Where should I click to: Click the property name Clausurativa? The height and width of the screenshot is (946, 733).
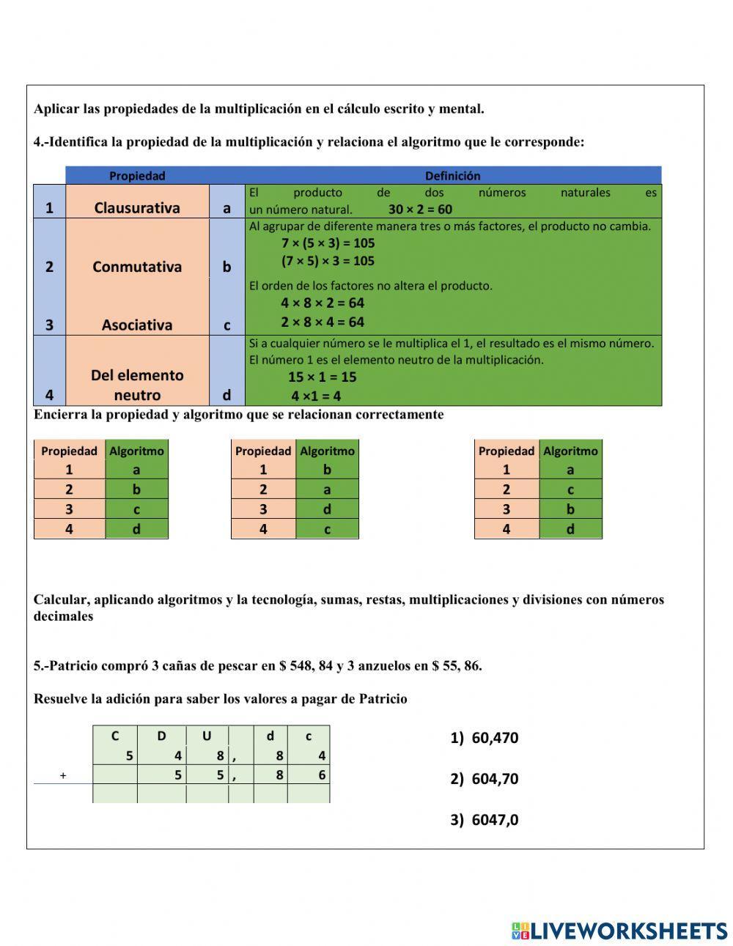point(137,207)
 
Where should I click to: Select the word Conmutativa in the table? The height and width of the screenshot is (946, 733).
point(137,267)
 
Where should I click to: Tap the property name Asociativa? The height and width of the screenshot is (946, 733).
point(137,325)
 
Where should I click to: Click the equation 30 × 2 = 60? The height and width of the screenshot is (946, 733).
point(420,210)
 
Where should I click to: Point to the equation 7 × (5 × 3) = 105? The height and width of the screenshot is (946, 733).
point(328,243)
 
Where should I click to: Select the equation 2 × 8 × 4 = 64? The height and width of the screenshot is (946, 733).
point(323,322)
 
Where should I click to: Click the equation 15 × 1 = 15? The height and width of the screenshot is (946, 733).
point(322,377)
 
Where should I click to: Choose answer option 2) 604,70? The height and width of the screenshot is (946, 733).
point(484,779)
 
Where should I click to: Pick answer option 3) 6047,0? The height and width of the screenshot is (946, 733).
point(484,820)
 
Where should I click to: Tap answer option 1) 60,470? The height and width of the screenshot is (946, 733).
point(484,738)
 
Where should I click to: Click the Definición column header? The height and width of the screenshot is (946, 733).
point(452,176)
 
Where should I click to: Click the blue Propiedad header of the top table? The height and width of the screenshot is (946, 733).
point(137,176)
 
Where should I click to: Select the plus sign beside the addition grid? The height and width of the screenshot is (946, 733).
point(63,775)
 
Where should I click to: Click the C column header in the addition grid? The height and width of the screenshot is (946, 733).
point(114,736)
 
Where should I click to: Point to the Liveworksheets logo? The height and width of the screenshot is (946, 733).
point(619,931)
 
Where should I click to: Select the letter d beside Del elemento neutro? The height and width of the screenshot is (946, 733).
point(226,396)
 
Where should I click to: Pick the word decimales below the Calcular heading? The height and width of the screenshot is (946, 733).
point(63,616)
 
